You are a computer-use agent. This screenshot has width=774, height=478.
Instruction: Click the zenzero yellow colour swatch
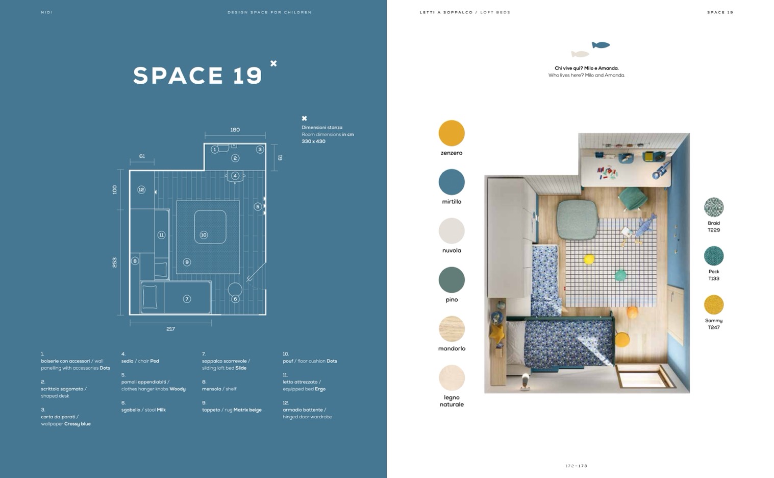451,133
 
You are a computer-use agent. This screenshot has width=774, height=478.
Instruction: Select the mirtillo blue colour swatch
451,182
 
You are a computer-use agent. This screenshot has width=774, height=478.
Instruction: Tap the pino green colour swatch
451,280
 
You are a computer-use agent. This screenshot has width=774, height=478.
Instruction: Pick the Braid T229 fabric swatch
713,207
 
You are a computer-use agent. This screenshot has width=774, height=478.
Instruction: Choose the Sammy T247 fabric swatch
713,305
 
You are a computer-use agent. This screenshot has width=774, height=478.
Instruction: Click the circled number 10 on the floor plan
204,235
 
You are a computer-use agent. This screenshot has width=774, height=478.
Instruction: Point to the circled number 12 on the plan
141,189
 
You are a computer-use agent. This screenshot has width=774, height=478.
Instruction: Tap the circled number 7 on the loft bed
187,299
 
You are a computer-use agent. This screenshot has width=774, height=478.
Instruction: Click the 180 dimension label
235,130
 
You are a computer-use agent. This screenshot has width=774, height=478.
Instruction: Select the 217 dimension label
170,329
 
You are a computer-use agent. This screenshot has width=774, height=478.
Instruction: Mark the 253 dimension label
115,262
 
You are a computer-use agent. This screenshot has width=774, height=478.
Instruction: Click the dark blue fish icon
601,45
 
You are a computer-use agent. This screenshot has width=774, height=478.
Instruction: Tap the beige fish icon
580,54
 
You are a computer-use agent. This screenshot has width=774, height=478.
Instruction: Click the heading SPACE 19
197,76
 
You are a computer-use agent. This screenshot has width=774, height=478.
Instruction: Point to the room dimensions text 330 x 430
313,141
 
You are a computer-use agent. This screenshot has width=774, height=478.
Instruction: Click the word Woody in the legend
177,389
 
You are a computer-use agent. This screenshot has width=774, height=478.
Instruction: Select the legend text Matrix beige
247,410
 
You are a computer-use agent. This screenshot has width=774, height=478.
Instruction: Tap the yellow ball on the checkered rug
589,259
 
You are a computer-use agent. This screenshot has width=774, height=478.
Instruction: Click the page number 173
583,466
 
